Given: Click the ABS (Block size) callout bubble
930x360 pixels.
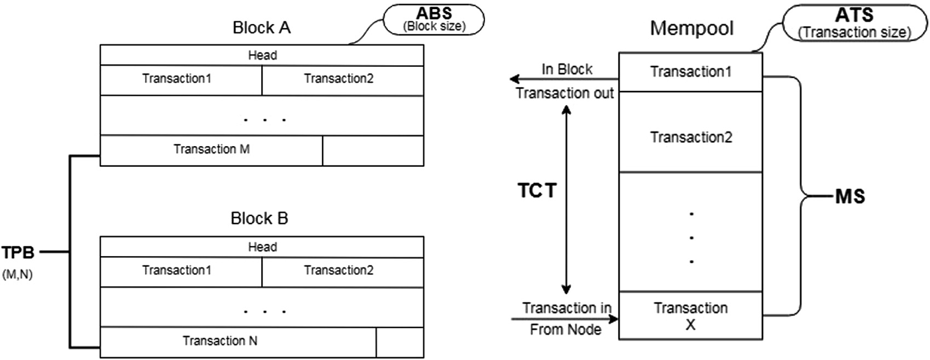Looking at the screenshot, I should click(x=434, y=20).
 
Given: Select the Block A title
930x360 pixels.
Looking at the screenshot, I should click(x=261, y=28).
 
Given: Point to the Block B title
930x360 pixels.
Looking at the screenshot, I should click(x=259, y=218).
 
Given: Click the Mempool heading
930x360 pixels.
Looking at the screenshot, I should click(x=691, y=28).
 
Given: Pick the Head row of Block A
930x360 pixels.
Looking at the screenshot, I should click(x=262, y=55).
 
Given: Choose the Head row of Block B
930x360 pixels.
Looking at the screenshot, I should click(x=262, y=247).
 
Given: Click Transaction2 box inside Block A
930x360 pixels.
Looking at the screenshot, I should click(x=339, y=79).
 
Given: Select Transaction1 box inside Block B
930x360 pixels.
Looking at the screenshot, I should click(x=177, y=270).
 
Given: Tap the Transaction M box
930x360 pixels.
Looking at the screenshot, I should click(x=211, y=149).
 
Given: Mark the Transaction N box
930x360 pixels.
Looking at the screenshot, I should click(x=219, y=341).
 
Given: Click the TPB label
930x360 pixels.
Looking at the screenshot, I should click(x=18, y=253).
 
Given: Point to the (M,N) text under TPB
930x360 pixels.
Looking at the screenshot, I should click(x=18, y=275).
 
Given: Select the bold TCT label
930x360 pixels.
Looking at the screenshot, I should click(x=537, y=190).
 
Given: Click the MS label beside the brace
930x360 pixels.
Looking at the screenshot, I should click(x=850, y=197).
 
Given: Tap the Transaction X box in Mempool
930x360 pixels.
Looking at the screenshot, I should click(x=690, y=316).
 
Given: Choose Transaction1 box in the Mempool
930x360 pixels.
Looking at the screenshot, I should click(x=690, y=72).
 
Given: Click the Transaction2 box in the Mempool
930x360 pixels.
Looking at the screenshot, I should click(x=690, y=137).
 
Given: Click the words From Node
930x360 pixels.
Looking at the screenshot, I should click(x=565, y=329).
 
